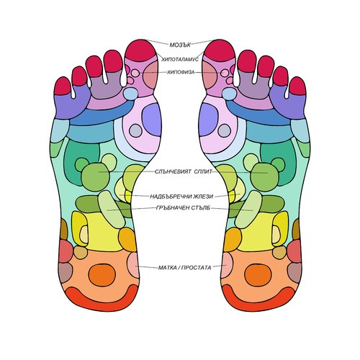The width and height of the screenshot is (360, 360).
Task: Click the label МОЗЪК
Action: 180,45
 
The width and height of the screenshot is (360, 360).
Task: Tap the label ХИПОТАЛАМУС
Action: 180,59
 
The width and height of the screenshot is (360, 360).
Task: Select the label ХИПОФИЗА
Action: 181,72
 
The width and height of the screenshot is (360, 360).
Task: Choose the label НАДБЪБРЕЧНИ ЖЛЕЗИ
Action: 181,197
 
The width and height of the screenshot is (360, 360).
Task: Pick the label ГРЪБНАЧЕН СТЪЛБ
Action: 183,208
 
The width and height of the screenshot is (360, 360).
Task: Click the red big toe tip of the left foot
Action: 141,50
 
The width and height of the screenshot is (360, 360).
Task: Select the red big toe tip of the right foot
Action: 220,50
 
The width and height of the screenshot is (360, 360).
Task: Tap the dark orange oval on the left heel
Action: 102,275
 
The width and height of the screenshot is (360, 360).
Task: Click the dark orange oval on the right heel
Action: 258,275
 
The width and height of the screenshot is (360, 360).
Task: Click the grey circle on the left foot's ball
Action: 135,130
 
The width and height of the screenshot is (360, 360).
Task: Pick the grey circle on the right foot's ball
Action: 225,130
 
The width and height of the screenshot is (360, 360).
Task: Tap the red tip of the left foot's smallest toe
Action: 62,86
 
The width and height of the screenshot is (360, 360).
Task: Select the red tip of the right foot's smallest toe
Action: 298,86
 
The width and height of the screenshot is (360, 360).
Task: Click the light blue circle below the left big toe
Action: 130,94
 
